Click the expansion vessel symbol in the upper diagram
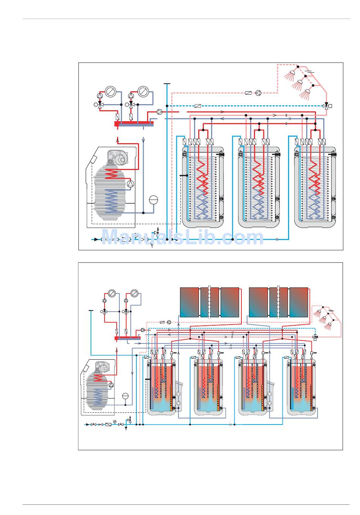click(x=153, y=200)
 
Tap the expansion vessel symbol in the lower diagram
click(x=125, y=396)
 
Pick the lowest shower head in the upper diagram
click(x=305, y=94)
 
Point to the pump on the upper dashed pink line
click(x=258, y=93)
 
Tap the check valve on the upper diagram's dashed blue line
click(x=197, y=106)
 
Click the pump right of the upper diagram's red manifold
click(x=160, y=112)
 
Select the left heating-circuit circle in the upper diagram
click(x=110, y=92)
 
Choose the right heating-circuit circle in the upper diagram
click(x=143, y=92)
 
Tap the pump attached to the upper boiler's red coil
click(x=130, y=183)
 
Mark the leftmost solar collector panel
click(x=189, y=302)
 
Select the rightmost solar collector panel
click(x=299, y=302)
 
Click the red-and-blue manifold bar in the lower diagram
click(x=127, y=338)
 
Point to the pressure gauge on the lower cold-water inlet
click(x=114, y=422)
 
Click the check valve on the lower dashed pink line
click(x=162, y=322)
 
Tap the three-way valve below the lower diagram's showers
click(x=315, y=337)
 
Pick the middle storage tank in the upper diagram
click(x=259, y=187)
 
